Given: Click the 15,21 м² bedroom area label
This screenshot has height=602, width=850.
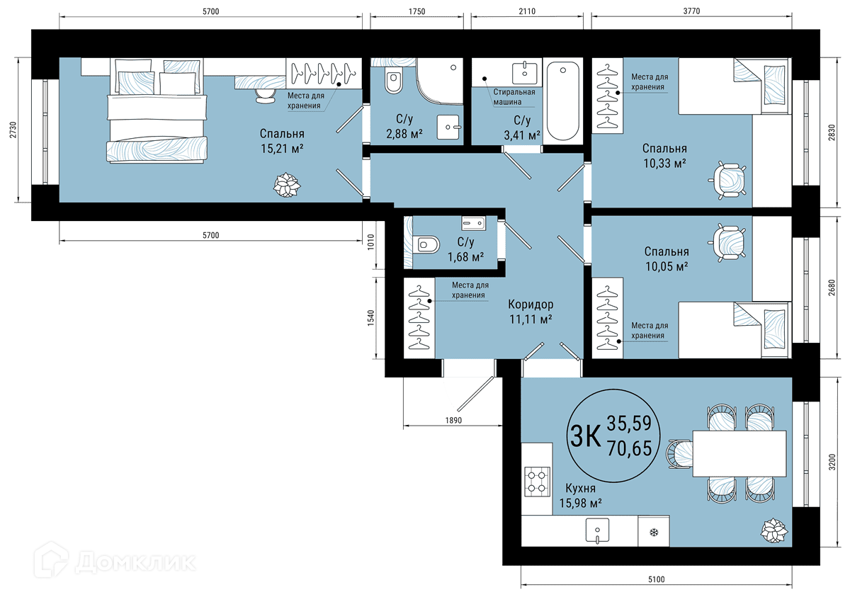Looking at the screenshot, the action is (282, 148).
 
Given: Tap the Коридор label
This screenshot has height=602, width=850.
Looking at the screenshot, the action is (531, 305).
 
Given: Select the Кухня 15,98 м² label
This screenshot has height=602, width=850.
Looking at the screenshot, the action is (581, 495).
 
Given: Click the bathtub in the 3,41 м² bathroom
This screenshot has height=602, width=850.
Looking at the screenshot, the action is (562, 101).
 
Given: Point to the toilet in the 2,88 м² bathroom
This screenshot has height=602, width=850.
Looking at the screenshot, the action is (394, 81).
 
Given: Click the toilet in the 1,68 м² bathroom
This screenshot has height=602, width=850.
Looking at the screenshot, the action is (427, 244).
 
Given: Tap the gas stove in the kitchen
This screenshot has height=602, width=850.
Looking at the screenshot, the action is (538, 482).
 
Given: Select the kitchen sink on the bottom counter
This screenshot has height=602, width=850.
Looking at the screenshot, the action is (597, 530).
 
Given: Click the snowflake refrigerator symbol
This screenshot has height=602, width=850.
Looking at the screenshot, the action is (654, 533).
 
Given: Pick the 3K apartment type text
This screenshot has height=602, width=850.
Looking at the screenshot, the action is (586, 436).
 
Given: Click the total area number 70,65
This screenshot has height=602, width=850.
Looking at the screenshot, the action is (630, 448).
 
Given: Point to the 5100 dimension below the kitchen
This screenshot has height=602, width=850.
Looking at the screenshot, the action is (656, 579).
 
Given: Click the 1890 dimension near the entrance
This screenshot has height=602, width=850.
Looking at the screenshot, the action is (453, 420).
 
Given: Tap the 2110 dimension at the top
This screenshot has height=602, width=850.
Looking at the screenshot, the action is (527, 11).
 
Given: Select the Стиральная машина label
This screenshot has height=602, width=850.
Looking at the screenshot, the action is (514, 97).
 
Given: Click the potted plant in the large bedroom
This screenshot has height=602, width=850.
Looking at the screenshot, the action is (287, 185).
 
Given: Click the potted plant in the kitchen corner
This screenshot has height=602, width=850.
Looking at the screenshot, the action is (774, 530).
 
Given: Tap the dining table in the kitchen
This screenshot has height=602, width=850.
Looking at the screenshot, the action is (739, 453).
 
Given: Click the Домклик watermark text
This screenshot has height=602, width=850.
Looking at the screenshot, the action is (135, 562).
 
